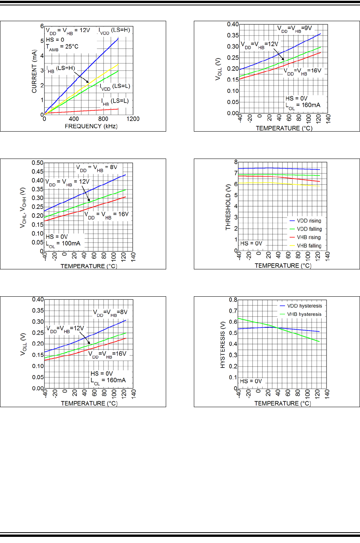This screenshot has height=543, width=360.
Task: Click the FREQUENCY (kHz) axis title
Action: [x=91, y=126]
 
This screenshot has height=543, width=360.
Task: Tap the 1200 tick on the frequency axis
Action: [x=133, y=119]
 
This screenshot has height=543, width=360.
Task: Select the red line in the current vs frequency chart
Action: [x=85, y=111]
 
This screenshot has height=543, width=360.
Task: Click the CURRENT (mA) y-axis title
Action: [x=35, y=71]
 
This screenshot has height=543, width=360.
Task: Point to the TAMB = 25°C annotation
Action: [x=62, y=47]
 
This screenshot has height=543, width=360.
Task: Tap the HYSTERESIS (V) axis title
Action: [x=223, y=345]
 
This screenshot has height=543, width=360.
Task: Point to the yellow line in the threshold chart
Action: [x=277, y=184]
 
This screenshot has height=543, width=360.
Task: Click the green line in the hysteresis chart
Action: [x=292, y=331]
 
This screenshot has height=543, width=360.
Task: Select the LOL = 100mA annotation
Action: [x=63, y=244]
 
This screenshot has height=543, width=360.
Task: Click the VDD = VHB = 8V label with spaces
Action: [x=97, y=168]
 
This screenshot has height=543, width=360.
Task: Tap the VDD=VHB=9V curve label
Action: [x=295, y=29]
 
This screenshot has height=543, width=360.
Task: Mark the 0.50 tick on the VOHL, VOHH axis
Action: [x=37, y=163]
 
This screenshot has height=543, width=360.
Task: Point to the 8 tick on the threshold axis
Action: [x=236, y=162]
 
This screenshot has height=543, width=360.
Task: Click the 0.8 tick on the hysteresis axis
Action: [x=233, y=300]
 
